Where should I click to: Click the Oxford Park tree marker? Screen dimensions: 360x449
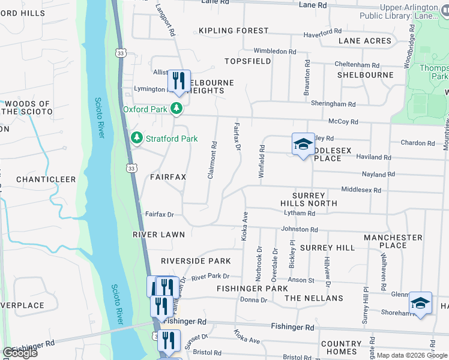point(176,109)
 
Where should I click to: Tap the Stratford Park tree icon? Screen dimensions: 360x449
point(137,139)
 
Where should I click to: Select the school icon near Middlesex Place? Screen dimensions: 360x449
point(303,145)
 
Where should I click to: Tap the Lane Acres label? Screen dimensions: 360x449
point(364,41)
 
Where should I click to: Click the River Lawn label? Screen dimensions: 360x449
point(156,235)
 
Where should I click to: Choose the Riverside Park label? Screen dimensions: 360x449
point(196,261)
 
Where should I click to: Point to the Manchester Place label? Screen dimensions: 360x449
point(393,241)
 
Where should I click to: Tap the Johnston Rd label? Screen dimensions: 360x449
point(299,229)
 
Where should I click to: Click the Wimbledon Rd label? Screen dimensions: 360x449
point(275,52)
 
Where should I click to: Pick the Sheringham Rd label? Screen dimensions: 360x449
point(333,104)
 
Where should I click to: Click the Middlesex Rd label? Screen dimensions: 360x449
point(361,190)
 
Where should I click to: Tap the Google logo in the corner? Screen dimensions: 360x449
point(19,353)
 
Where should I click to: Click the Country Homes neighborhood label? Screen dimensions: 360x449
point(342,348)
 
